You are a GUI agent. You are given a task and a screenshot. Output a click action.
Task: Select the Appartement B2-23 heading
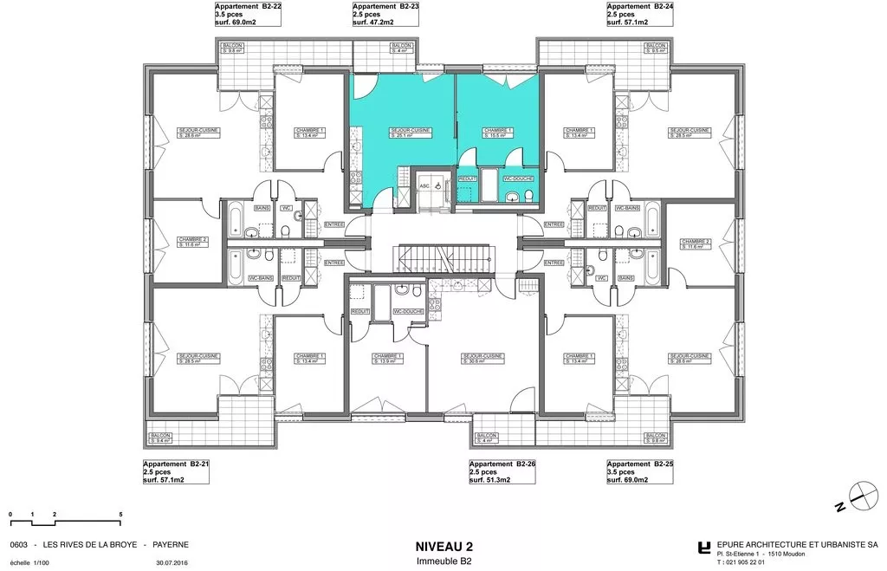tap(386, 6)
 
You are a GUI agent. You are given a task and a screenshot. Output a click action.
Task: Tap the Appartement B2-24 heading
tap(640, 6)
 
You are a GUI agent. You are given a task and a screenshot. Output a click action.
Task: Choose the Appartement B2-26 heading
tap(502, 464)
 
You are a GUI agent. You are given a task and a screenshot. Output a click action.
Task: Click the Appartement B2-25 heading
tap(640, 464)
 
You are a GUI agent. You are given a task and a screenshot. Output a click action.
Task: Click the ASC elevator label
tap(424, 186)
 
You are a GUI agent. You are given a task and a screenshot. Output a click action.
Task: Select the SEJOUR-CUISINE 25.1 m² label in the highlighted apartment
tap(410, 133)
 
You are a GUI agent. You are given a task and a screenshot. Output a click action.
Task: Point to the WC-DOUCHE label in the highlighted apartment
tap(519, 178)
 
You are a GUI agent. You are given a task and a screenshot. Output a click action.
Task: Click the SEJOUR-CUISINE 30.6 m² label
tap(483, 358)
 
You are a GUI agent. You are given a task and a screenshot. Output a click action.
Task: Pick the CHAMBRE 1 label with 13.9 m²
tap(387, 358)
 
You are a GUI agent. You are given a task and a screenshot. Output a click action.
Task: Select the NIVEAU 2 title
tap(444, 547)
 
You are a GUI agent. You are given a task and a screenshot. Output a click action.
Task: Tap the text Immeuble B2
tap(444, 561)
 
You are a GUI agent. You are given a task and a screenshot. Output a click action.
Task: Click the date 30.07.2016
tap(173, 562)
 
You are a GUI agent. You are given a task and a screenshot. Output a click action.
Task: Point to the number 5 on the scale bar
tap(120, 515)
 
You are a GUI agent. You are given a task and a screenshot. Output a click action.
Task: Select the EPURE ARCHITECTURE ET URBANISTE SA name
tap(797, 545)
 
